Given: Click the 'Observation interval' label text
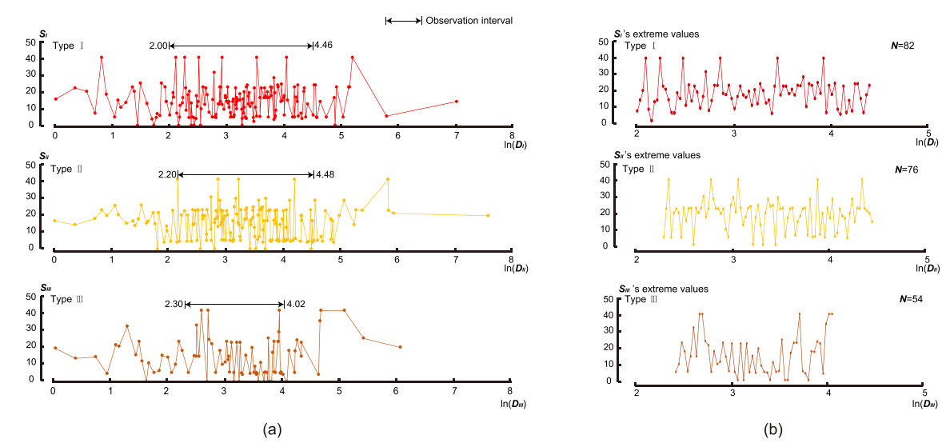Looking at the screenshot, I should coord(469,20).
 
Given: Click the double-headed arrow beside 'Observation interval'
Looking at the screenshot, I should coord(403,20).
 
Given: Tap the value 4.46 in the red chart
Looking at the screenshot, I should coord(324,46).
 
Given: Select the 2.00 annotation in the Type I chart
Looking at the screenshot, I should coord(158,46).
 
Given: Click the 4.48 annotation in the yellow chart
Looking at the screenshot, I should coord(325,175).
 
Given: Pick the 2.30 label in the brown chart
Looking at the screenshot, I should coord(174,304).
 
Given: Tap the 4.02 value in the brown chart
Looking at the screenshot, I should coord(295,304).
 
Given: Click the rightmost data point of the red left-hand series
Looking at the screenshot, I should coord(456,101).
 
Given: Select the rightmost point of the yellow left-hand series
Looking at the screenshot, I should coord(488,215).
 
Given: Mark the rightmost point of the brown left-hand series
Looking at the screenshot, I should coord(400,347).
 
